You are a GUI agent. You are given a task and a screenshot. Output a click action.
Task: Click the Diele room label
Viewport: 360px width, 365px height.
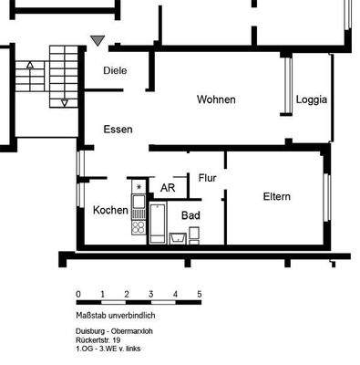[115, 70]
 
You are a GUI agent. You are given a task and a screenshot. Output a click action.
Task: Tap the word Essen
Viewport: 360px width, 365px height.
[118, 130]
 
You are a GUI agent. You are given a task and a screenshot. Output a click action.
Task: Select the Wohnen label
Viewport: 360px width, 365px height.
[216, 99]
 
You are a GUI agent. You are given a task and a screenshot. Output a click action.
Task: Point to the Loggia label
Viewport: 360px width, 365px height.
[312, 100]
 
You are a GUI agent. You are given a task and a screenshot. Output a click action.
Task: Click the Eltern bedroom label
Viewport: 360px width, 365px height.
[276, 196]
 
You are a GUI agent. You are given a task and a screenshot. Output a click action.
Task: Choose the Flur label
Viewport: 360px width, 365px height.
[207, 178]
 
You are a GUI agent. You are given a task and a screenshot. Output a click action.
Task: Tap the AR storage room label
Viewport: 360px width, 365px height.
[168, 188]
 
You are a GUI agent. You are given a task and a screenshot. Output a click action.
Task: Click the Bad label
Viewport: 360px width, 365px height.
[190, 215]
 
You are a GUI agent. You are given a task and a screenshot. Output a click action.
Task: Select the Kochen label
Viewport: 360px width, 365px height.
[110, 210]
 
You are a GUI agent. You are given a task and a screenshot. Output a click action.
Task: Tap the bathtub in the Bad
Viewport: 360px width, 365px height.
[158, 224]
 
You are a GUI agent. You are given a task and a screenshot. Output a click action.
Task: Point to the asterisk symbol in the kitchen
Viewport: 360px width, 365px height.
[139, 187]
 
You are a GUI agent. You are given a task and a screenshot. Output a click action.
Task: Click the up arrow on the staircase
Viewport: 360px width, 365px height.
[30, 66]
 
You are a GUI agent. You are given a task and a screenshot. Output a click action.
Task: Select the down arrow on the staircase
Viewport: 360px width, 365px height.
[64, 102]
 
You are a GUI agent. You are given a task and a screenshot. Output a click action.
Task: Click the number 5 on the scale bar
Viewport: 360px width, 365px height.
[199, 294]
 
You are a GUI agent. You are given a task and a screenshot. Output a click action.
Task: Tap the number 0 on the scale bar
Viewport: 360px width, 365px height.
[78, 294]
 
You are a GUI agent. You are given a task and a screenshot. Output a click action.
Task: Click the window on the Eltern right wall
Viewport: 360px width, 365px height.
[325, 196]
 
